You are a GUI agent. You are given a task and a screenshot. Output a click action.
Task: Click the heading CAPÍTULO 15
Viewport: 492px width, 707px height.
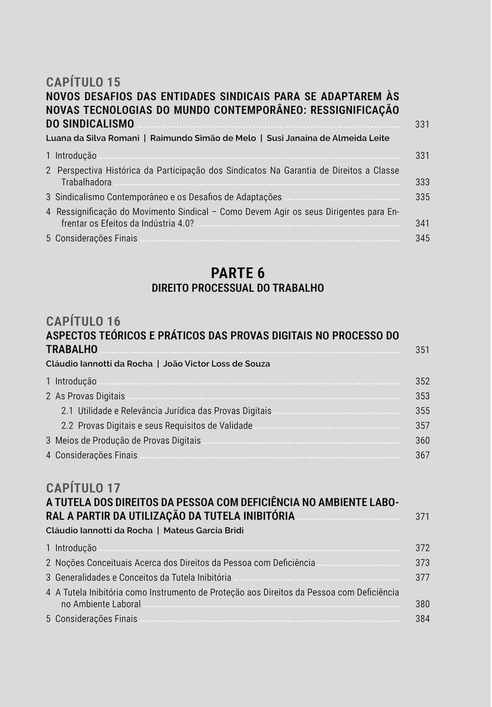(83, 82)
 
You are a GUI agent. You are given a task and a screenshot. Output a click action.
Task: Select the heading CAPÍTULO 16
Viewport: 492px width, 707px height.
(83, 321)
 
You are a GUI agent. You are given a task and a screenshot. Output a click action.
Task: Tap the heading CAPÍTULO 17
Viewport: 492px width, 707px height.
(83, 488)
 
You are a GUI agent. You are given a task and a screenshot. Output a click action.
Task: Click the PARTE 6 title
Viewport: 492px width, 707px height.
(237, 273)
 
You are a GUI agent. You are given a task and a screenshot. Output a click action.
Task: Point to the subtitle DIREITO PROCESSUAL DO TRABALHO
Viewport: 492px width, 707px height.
(237, 288)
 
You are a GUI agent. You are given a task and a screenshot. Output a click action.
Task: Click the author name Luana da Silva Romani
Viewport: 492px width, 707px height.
(92, 138)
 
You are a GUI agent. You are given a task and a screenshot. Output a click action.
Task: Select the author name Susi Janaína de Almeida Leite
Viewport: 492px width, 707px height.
(328, 138)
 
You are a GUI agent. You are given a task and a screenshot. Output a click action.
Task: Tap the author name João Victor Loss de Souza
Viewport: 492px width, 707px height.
(216, 364)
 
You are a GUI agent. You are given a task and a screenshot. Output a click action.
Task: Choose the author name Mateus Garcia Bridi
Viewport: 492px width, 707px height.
(204, 530)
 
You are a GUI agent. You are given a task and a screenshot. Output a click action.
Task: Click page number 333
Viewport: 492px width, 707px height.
(422, 183)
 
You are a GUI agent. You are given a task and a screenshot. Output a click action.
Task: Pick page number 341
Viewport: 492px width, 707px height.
(422, 223)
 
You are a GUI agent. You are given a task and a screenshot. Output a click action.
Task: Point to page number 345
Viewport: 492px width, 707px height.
(422, 238)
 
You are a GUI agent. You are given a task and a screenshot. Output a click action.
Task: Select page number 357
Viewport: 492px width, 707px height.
(422, 426)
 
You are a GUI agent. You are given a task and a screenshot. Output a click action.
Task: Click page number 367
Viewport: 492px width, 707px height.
(422, 455)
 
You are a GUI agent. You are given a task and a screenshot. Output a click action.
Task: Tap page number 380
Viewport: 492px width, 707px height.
(422, 604)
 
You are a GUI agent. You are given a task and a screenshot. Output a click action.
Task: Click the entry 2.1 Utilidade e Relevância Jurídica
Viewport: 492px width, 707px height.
(166, 411)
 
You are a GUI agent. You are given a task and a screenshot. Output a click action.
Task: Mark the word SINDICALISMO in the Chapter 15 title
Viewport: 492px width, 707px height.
(98, 124)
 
